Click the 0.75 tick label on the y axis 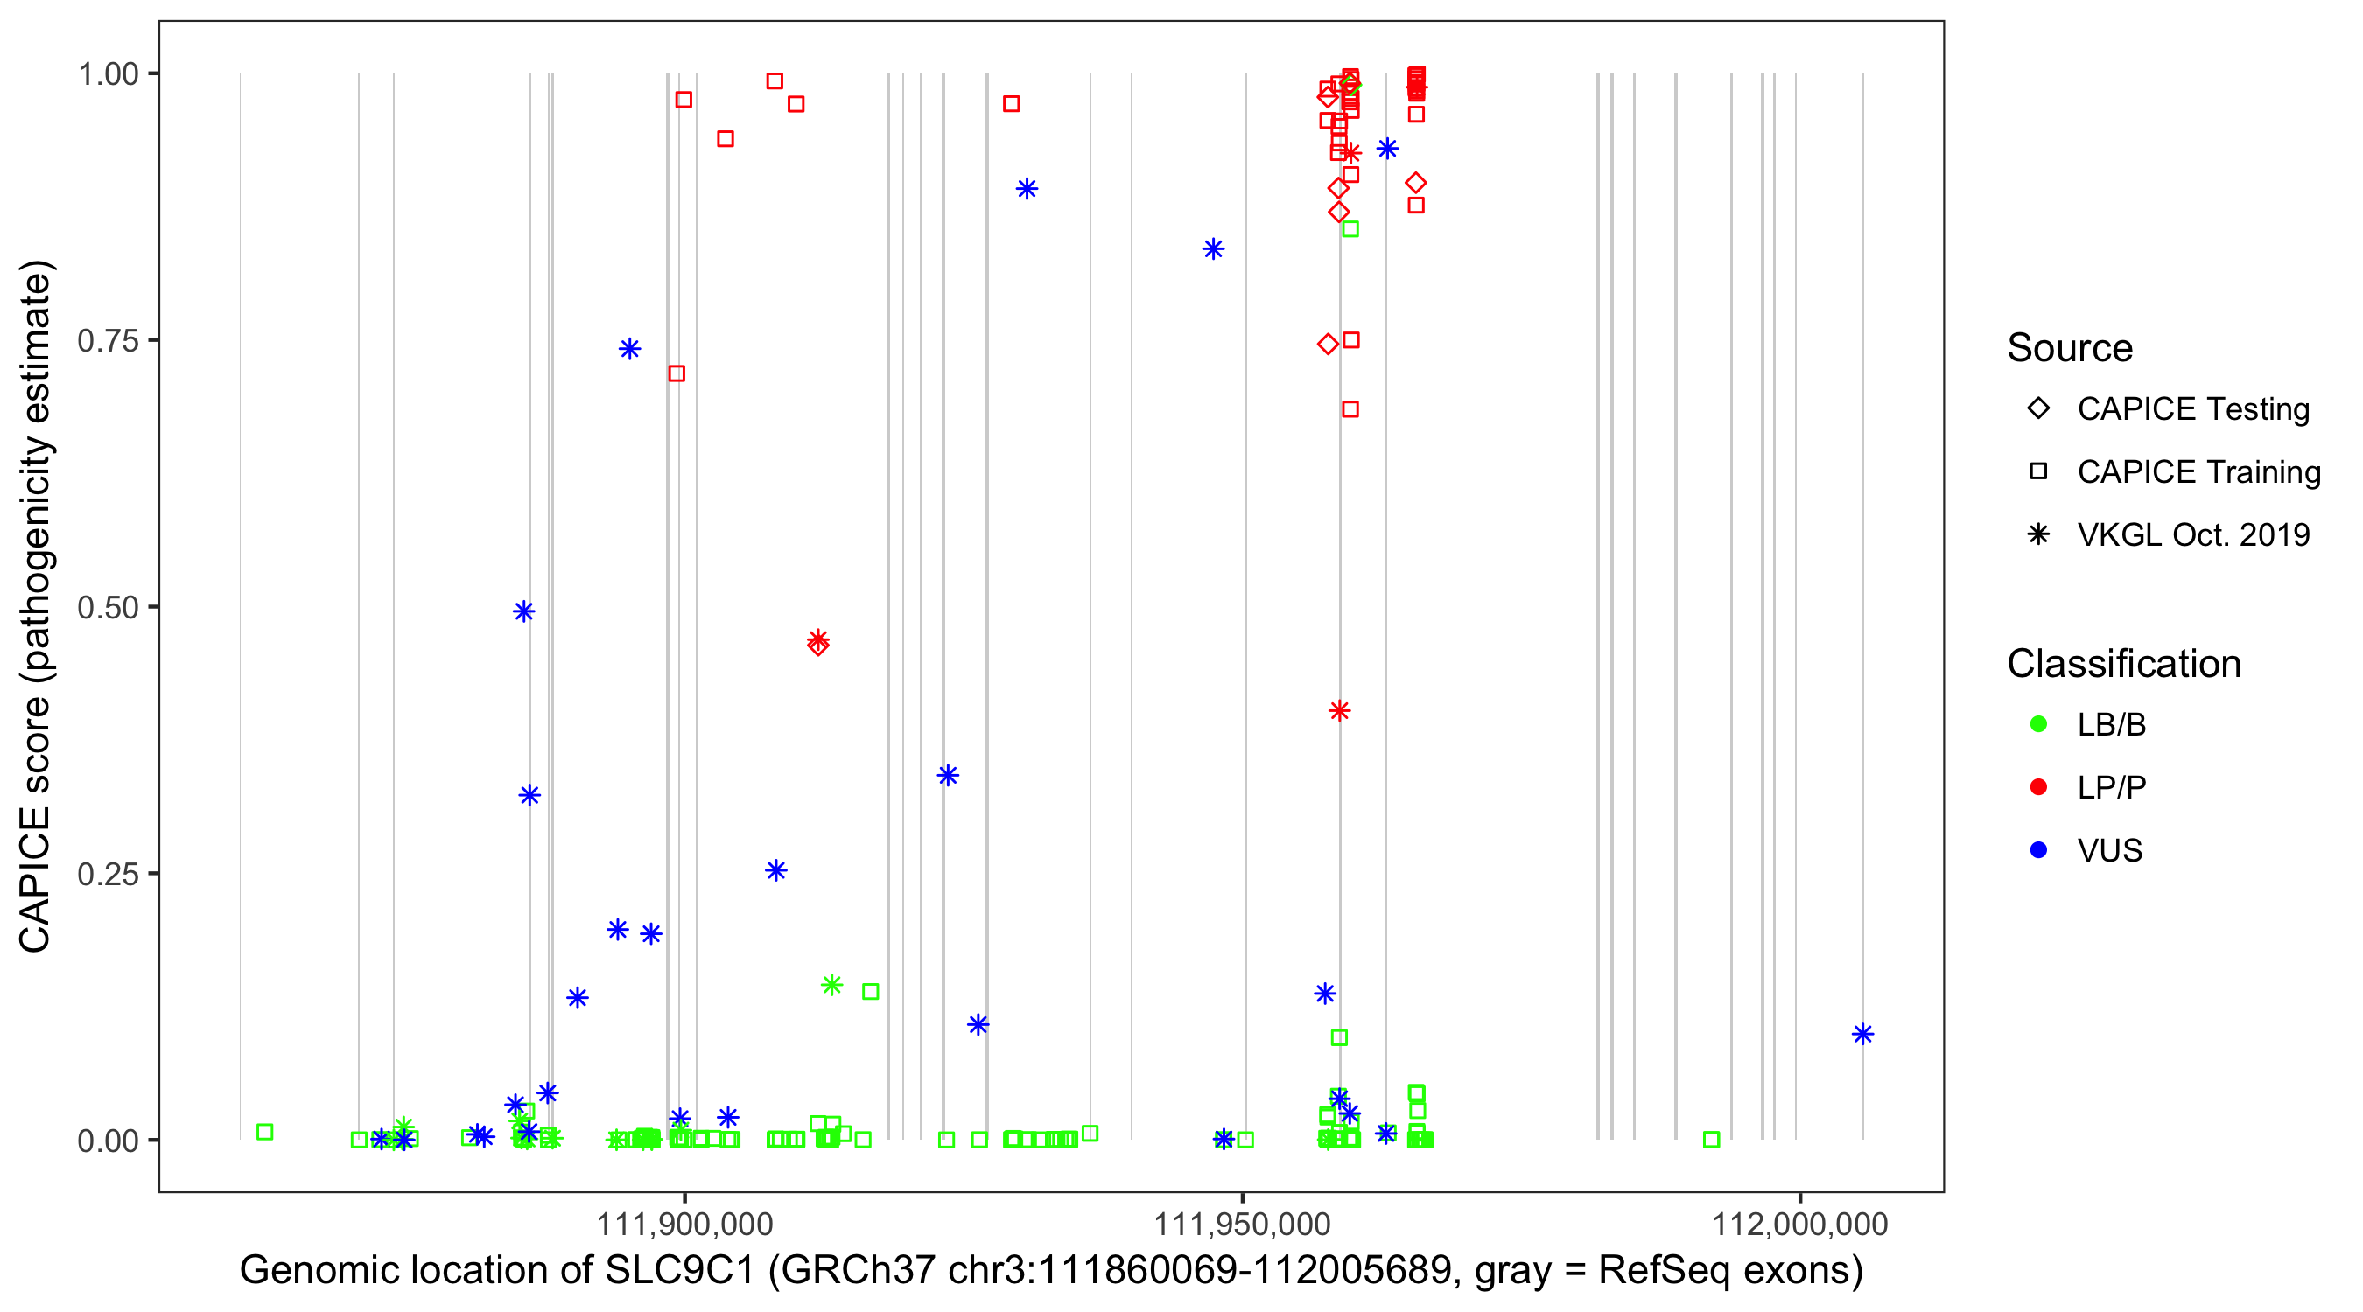coord(107,341)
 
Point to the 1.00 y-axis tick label coord(107,74)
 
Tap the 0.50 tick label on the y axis coord(107,608)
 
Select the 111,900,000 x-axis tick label coord(684,1224)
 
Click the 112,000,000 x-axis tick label coord(1799,1224)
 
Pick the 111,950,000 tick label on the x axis coord(1242,1224)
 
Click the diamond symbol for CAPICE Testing coord(2038,409)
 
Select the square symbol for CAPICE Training coord(2038,472)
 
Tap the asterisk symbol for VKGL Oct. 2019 coord(2038,534)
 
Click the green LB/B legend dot coord(2038,724)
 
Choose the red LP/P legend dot coord(2038,787)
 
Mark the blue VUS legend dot coord(2038,850)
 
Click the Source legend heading coord(2070,348)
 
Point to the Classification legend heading coord(2123,664)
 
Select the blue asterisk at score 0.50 coord(523,611)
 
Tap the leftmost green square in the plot coord(265,1133)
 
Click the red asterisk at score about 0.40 coord(1339,710)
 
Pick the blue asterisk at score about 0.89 coord(1027,189)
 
